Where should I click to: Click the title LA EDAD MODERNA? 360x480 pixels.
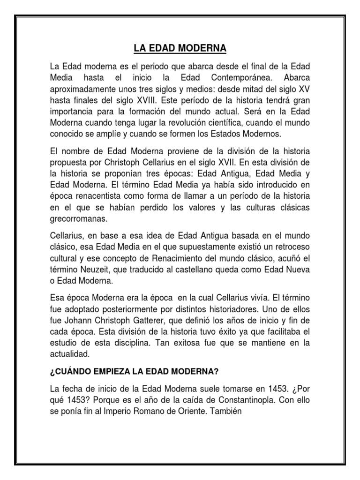coord(180,49)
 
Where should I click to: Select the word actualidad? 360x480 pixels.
coord(70,353)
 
